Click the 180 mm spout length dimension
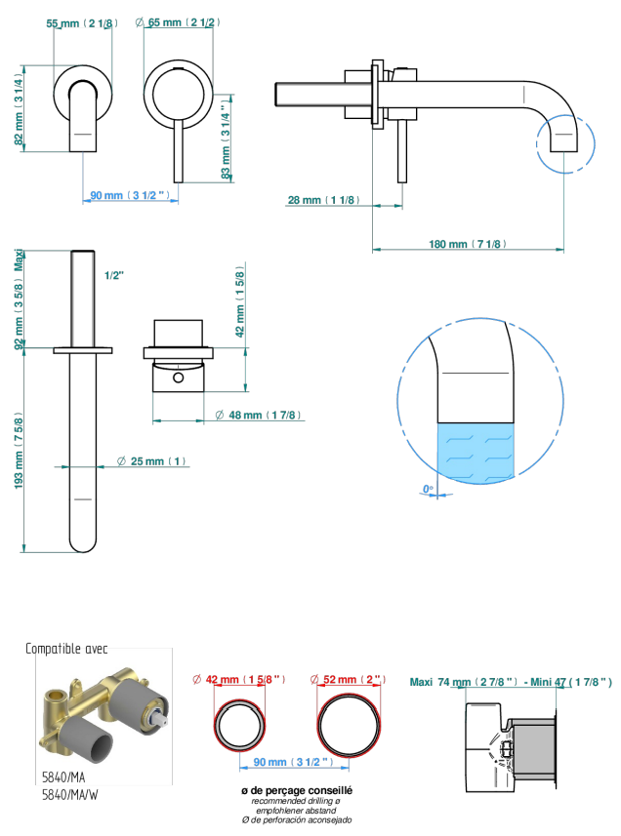[468, 244]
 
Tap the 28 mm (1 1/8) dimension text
[323, 200]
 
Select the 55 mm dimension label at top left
[82, 23]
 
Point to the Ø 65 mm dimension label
[178, 22]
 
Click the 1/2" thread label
[114, 276]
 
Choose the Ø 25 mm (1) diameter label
[151, 461]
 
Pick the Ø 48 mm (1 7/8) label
[258, 415]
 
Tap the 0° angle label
[428, 489]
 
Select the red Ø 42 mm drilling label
[239, 679]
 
